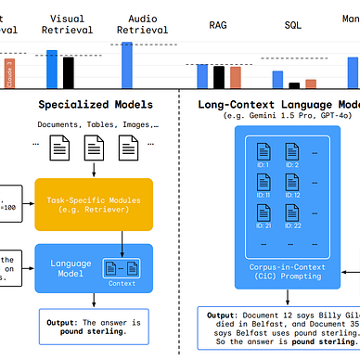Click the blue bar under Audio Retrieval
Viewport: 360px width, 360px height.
click(126, 63)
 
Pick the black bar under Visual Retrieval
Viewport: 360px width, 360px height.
click(70, 71)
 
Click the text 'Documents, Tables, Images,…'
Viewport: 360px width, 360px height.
click(92, 124)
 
